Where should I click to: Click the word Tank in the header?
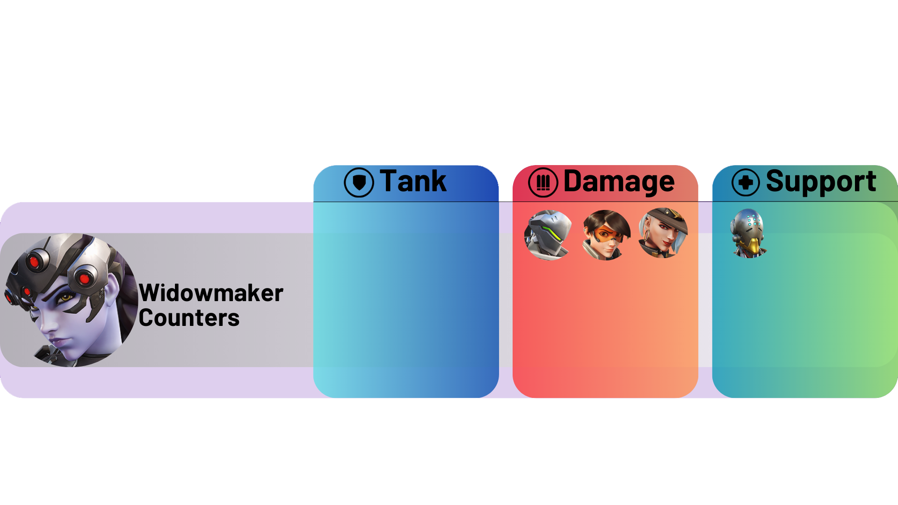pyautogui.click(x=413, y=181)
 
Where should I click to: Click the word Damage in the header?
pyautogui.click(x=619, y=181)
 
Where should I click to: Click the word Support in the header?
pyautogui.click(x=821, y=181)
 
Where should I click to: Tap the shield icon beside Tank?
pyautogui.click(x=359, y=182)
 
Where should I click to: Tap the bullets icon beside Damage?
pyautogui.click(x=543, y=182)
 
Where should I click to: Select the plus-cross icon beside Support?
pyautogui.click(x=746, y=182)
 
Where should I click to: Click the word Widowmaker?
pyautogui.click(x=211, y=293)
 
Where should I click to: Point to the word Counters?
pyautogui.click(x=189, y=318)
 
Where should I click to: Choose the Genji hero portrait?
pyautogui.click(x=548, y=235)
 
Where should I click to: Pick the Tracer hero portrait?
pyautogui.click(x=606, y=235)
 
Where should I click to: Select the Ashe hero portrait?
pyautogui.click(x=663, y=233)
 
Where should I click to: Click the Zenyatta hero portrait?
pyautogui.click(x=749, y=233)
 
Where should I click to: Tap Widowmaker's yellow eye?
pyautogui.click(x=66, y=297)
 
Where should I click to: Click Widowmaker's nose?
pyautogui.click(x=47, y=323)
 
